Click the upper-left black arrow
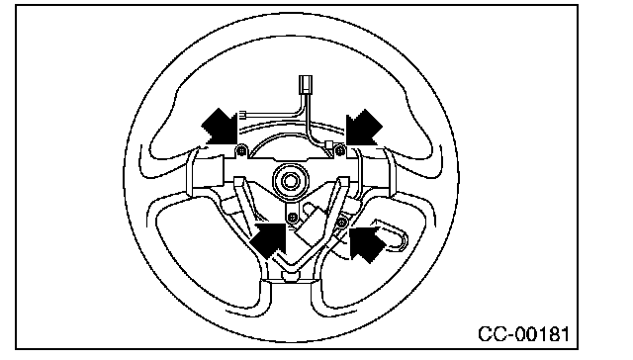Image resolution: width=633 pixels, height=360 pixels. (x=221, y=127)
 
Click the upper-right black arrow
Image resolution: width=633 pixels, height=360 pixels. (x=363, y=127)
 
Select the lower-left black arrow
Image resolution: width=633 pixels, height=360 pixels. (x=269, y=239)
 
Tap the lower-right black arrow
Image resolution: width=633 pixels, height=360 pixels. (x=366, y=243)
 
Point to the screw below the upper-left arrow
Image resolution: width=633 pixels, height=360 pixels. (x=241, y=150)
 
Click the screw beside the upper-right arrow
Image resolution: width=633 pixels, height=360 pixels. (x=340, y=151)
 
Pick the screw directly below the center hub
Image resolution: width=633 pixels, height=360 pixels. (x=293, y=218)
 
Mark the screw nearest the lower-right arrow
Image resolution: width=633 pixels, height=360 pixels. (x=342, y=222)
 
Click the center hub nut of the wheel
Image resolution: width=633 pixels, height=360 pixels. (x=290, y=181)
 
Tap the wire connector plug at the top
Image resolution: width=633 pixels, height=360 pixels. (x=306, y=84)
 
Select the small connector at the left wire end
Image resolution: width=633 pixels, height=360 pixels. (x=242, y=115)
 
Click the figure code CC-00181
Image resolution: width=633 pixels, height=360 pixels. (x=523, y=334)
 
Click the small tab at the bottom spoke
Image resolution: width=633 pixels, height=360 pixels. (x=291, y=277)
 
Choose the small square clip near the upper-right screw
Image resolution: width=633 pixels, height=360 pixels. (x=329, y=144)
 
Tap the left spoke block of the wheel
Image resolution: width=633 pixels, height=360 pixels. (x=208, y=172)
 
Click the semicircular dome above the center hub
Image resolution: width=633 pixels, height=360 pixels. (x=291, y=146)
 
